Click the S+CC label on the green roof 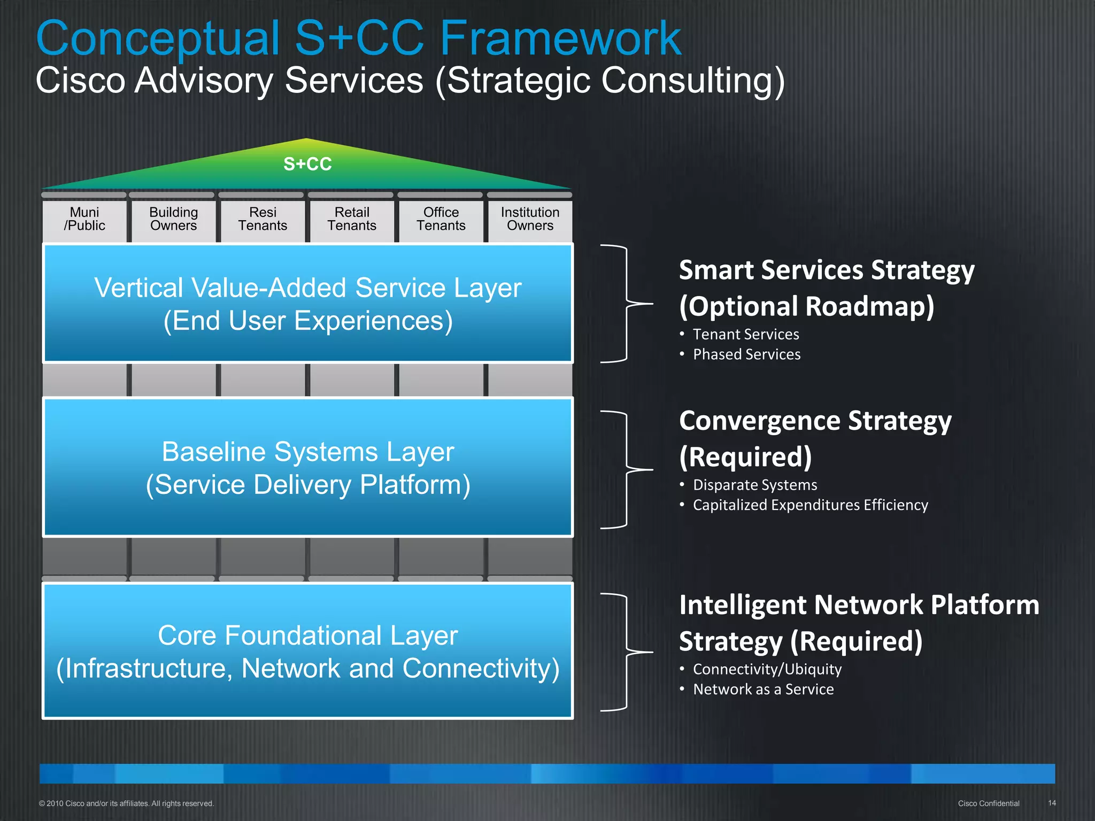(x=307, y=164)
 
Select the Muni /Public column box (x=84, y=219)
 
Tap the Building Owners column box (x=173, y=219)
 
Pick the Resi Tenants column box (x=263, y=219)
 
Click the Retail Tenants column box (x=352, y=219)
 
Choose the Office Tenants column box (x=441, y=219)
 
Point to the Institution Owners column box (x=530, y=219)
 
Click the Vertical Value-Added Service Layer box (x=307, y=304)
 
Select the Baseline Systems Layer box (x=307, y=468)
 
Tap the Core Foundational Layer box (x=307, y=651)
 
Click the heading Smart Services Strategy (x=826, y=270)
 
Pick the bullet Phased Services (x=746, y=354)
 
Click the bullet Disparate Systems (x=754, y=485)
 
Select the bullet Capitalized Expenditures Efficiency (x=810, y=505)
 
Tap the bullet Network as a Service (x=763, y=690)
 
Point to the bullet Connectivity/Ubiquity (x=767, y=669)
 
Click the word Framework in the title (x=560, y=38)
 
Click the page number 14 (x=1052, y=803)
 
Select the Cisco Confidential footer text (x=988, y=803)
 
